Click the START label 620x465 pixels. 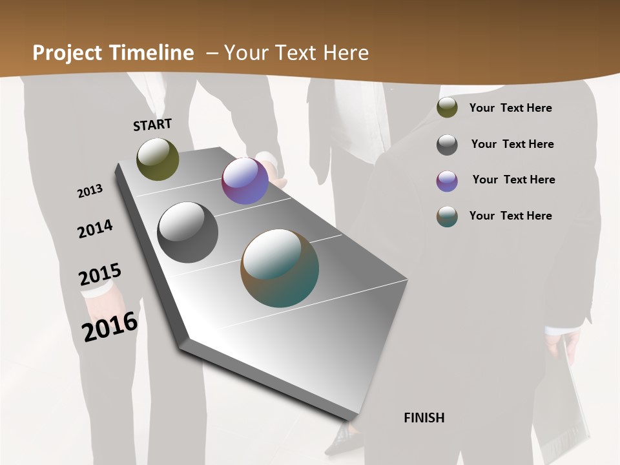[152, 125]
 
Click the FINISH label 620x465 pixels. [424, 418]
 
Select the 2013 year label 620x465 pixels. [90, 191]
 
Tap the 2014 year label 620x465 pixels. [95, 229]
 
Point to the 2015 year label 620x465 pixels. [100, 274]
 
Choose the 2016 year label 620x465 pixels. [110, 326]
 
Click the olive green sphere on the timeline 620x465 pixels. [158, 159]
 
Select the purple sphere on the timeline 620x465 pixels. [245, 181]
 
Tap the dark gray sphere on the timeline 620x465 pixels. [188, 232]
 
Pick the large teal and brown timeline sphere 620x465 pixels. [280, 268]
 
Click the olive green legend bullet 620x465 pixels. [447, 108]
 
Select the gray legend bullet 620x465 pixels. [447, 145]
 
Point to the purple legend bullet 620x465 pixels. [447, 181]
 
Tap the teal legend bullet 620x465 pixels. [447, 216]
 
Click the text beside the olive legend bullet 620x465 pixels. [510, 108]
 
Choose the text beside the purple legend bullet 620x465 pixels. [513, 180]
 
